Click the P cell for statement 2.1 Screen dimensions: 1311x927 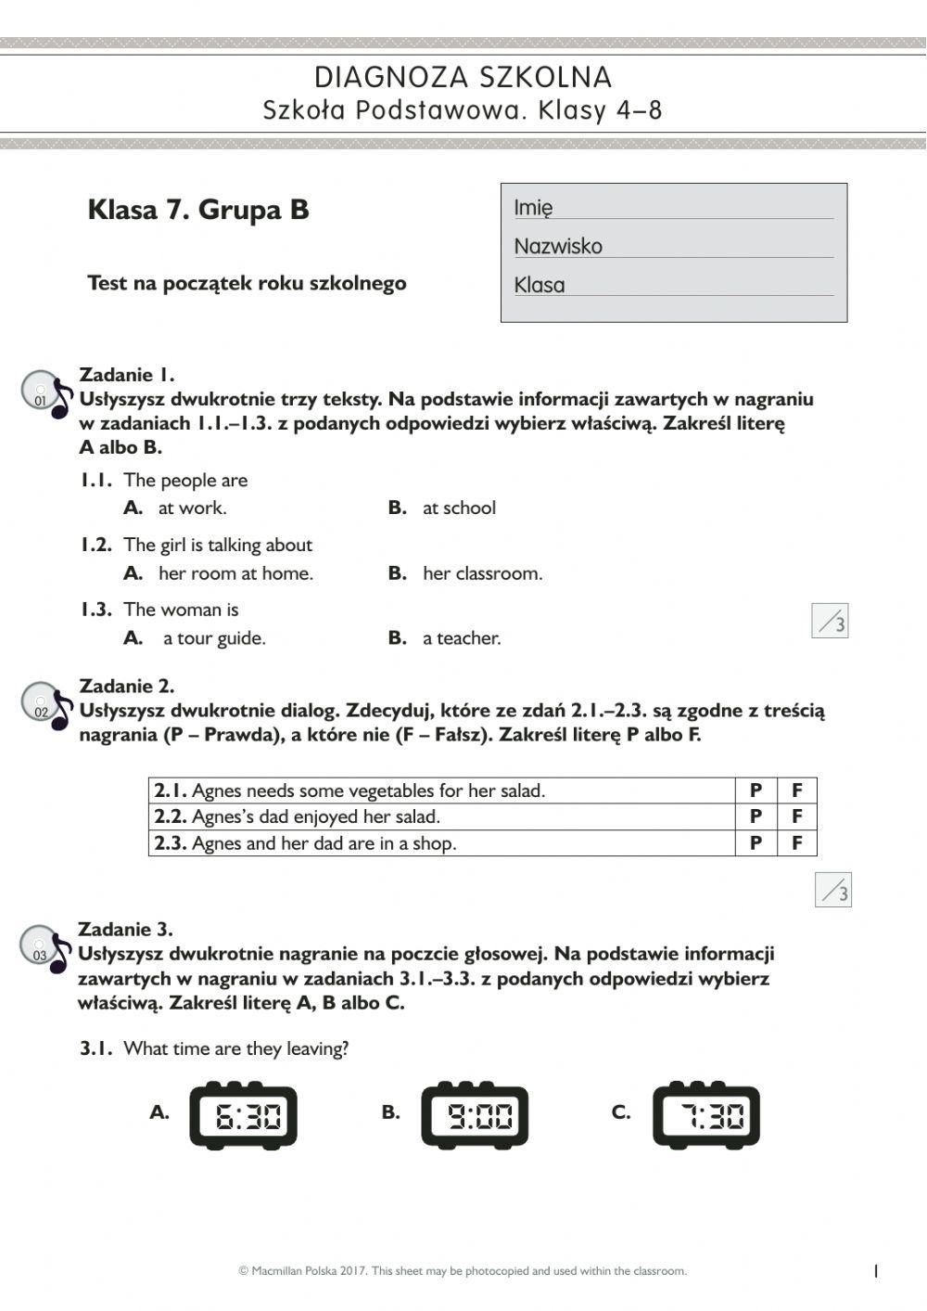coord(756,790)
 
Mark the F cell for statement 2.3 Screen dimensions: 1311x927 coord(796,842)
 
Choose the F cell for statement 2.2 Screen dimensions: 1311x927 coord(796,816)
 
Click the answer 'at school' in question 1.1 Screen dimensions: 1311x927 coord(458,508)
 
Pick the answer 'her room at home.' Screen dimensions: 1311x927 coord(235,573)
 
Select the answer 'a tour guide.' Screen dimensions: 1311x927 coord(213,638)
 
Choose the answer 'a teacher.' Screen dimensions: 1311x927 coord(461,638)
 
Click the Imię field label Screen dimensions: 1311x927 coord(534,208)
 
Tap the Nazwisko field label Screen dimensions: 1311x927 coord(558,246)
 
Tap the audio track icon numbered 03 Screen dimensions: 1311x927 coord(45,949)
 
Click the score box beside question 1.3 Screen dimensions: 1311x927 coord(830,621)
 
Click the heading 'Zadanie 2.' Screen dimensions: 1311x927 coord(127,687)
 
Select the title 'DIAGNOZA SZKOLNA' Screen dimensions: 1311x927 coord(463,77)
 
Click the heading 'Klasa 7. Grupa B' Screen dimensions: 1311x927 coord(198,210)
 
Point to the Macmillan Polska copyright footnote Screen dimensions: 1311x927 coord(463,1271)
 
